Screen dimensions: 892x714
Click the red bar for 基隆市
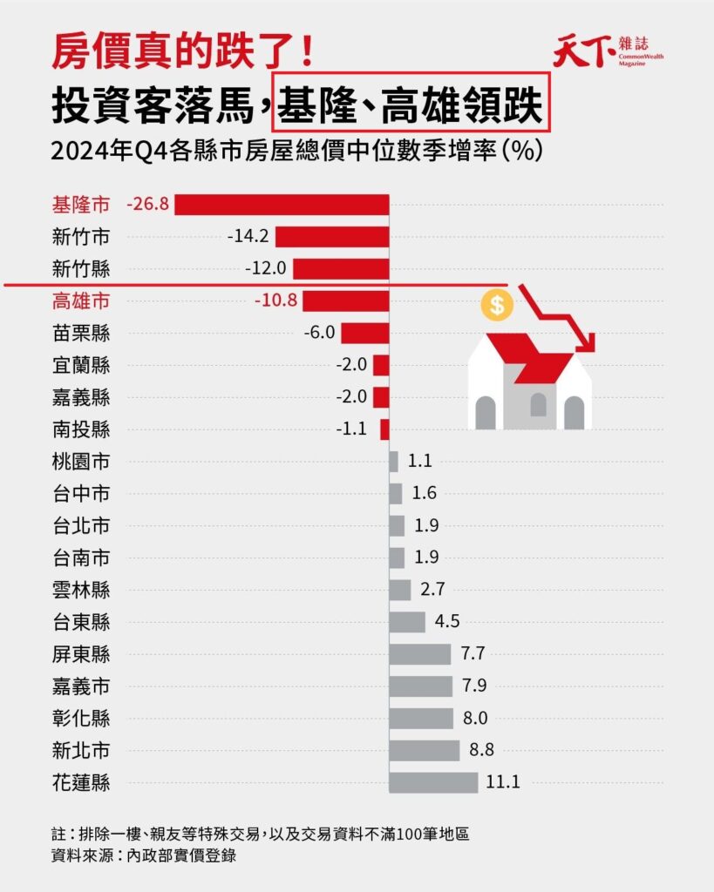(282, 205)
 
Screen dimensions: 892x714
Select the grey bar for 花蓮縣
(433, 781)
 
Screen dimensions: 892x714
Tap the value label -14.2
(248, 237)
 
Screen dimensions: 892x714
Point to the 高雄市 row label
(81, 301)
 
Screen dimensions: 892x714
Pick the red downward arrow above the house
(558, 319)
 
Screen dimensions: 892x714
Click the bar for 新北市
(425, 750)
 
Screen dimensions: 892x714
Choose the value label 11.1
(503, 781)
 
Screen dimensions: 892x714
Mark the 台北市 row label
(81, 525)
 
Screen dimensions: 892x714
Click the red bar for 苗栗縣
(364, 333)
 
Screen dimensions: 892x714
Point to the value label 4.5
(447, 622)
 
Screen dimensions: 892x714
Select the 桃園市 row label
(81, 461)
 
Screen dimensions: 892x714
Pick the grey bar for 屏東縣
(420, 654)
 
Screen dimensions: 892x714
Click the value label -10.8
(275, 301)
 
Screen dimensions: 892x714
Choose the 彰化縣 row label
(81, 719)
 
